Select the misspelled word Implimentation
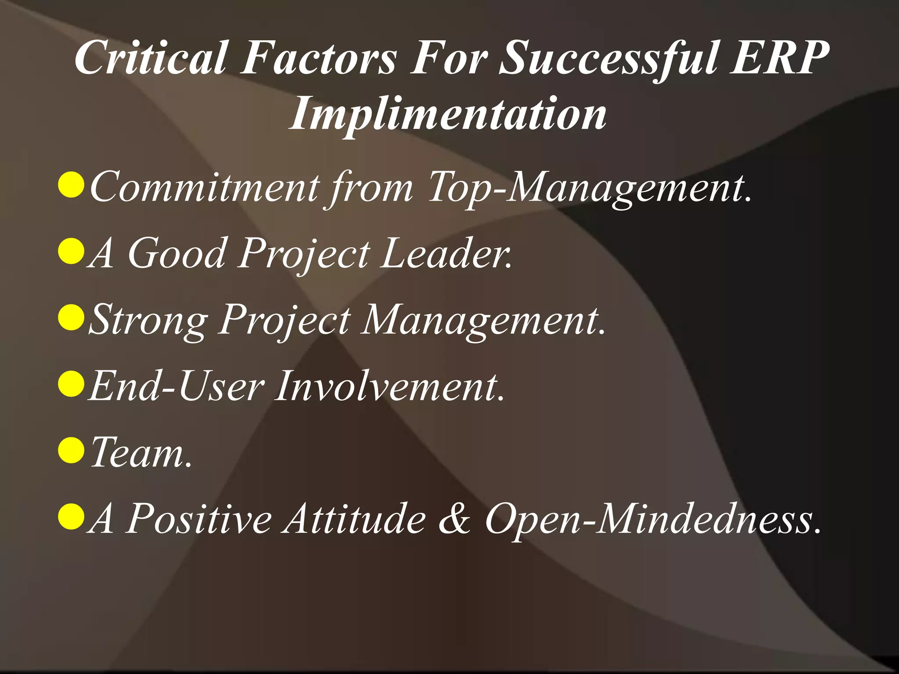coord(448,114)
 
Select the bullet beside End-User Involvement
coord(71,384)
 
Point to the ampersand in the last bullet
coord(455,519)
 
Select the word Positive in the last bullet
coord(199,519)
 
